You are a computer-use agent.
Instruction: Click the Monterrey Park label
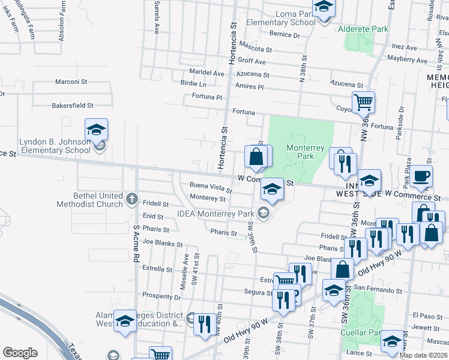coord(305,152)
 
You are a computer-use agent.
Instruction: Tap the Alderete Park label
coord(363,29)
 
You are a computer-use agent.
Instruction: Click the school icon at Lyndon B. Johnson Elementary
coord(96,130)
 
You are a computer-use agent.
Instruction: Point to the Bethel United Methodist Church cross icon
coord(132,197)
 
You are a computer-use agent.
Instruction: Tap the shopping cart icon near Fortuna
coord(363,103)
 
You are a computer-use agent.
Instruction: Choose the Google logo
coord(20,353)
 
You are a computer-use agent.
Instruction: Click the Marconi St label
coord(71,81)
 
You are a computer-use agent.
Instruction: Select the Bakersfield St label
coord(72,105)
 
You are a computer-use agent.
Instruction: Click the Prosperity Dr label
coord(161,295)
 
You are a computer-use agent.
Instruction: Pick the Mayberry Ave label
coord(407,61)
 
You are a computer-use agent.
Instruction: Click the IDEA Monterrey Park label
coord(215,213)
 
